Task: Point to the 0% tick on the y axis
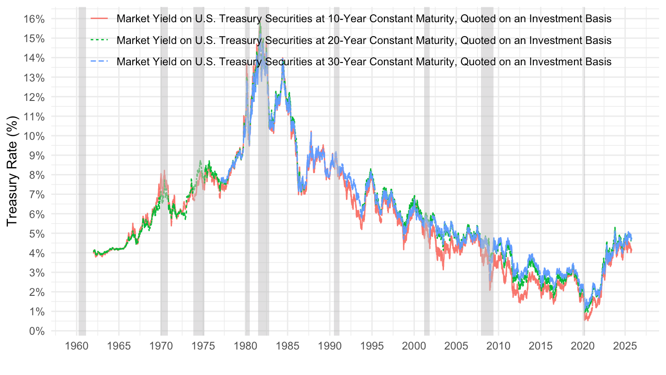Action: tap(37, 331)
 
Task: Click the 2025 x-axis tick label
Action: tap(625, 347)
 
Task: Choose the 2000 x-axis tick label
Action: tap(414, 347)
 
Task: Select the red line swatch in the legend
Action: tap(100, 19)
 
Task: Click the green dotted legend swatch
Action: tap(100, 40)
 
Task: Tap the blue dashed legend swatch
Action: tap(100, 61)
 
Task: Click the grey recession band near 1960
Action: tap(82, 185)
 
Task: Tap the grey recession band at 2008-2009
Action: tap(487, 185)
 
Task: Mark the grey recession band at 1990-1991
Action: tap(337, 185)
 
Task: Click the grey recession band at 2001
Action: tap(427, 185)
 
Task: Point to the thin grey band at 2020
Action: tap(584, 185)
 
